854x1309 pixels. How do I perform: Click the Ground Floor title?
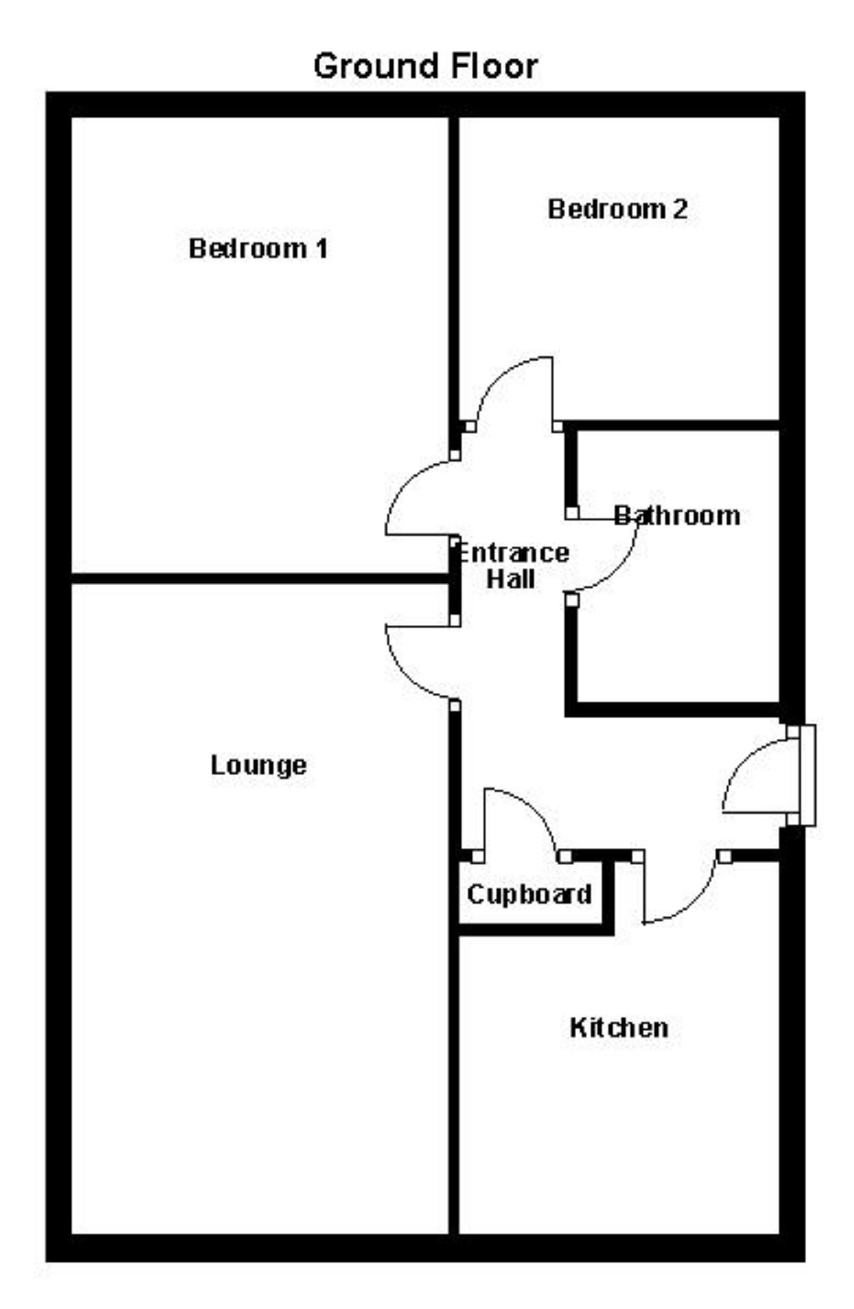[x=425, y=67]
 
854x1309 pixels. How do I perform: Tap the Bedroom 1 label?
[x=258, y=249]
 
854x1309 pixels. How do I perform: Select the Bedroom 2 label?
[x=617, y=209]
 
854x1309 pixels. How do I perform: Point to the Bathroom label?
[x=677, y=516]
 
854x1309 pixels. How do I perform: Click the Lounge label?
[x=259, y=765]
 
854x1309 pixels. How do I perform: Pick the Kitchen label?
[x=619, y=1028]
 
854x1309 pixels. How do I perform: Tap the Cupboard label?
[x=529, y=895]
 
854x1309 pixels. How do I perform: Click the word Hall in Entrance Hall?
[x=510, y=579]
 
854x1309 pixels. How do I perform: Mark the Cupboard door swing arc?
[x=533, y=808]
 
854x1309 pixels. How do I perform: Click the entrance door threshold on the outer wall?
[x=807, y=775]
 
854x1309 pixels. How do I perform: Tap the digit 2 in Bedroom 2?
[x=679, y=209]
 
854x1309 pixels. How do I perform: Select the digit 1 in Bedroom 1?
[x=321, y=249]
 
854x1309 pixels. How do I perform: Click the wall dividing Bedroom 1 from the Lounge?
[x=259, y=578]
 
